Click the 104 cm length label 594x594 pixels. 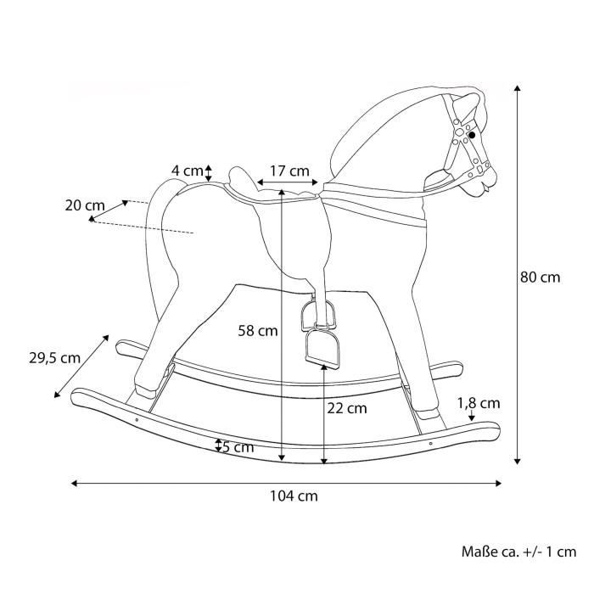click(x=294, y=496)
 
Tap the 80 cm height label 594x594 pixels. click(x=540, y=277)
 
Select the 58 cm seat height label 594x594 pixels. click(x=258, y=331)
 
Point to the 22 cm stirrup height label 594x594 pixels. click(x=347, y=408)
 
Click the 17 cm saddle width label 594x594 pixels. click(x=290, y=171)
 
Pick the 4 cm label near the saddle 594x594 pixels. click(x=188, y=171)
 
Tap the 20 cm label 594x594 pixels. click(x=85, y=205)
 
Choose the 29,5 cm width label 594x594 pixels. click(x=54, y=358)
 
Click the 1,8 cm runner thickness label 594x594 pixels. click(x=479, y=403)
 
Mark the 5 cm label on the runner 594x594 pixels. click(x=238, y=447)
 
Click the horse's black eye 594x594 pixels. click(x=472, y=135)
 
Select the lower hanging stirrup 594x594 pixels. click(x=323, y=349)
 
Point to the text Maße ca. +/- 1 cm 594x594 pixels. click(x=518, y=552)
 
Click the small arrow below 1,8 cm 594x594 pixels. click(x=472, y=416)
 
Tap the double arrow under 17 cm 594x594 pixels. click(x=287, y=182)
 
